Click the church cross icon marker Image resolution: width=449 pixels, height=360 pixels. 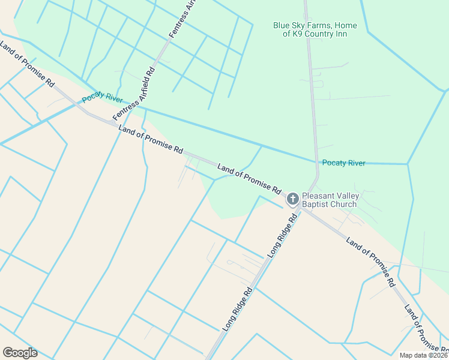(292, 199)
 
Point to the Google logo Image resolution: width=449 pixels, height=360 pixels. (20, 353)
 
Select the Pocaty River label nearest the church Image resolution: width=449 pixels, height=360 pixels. (343, 163)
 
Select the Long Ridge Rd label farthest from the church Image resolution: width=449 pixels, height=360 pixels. (238, 310)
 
